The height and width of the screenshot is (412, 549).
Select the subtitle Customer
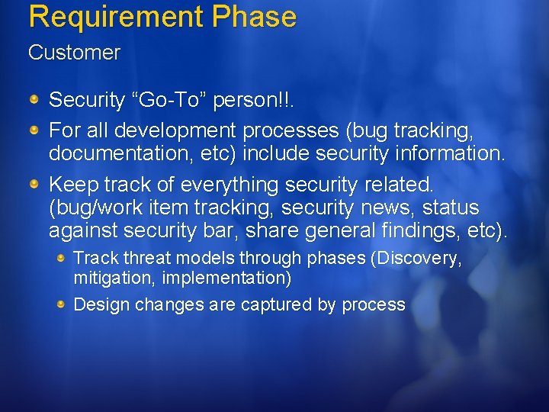pos(74,53)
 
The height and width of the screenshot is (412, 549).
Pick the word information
pos(450,153)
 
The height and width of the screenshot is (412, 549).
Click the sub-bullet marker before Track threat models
pos(62,258)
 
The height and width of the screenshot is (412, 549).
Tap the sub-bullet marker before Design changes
pos(62,304)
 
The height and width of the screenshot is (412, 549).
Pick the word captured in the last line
pos(277,304)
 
